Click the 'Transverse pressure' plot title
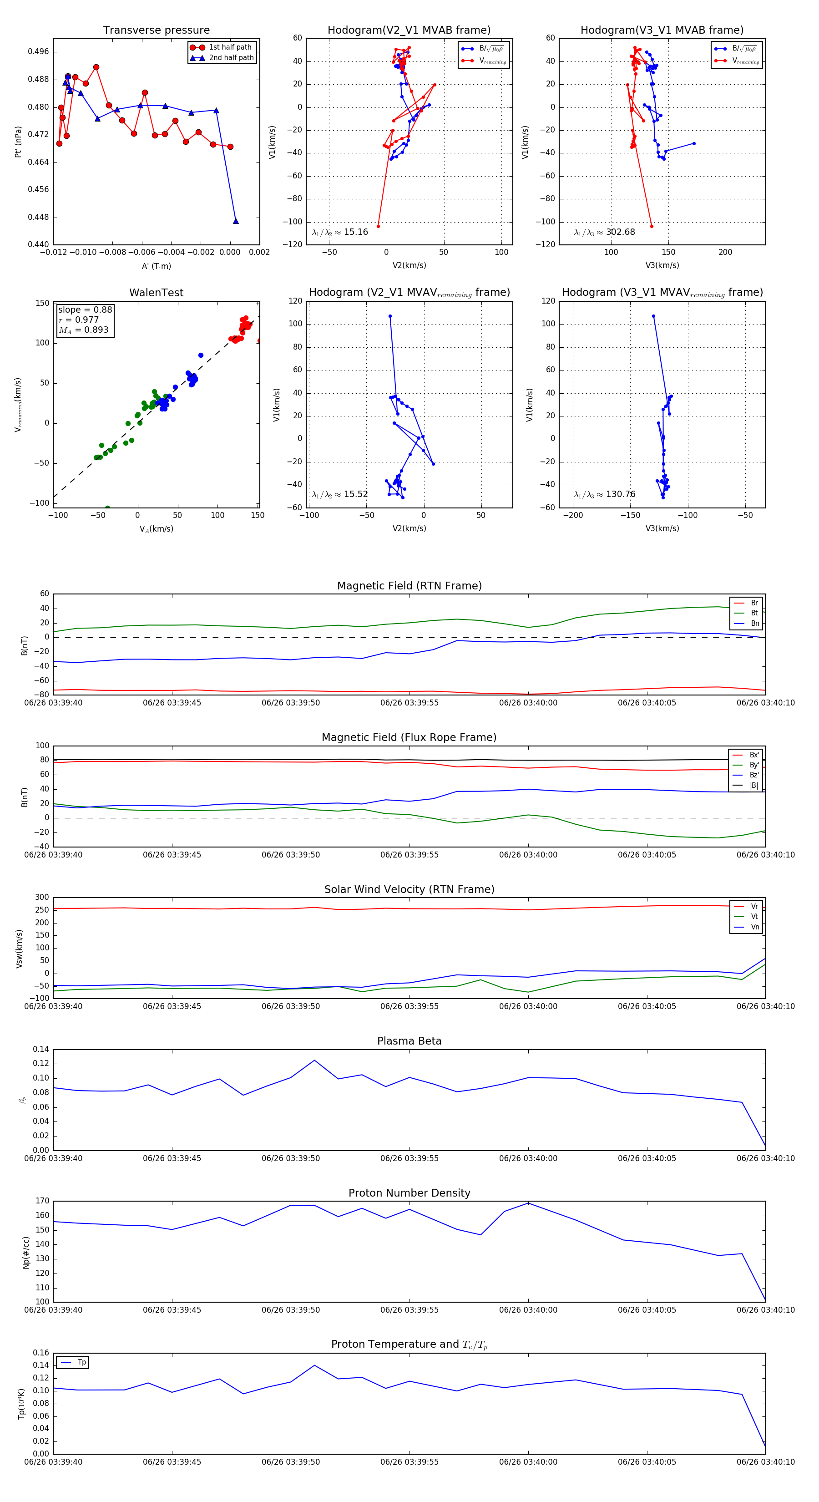pyautogui.click(x=156, y=30)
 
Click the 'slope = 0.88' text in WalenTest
pyautogui.click(x=85, y=310)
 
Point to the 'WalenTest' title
pyautogui.click(x=156, y=293)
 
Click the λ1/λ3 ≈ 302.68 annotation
pyautogui.click(x=605, y=232)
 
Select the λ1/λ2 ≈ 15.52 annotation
pyautogui.click(x=340, y=494)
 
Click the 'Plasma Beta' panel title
pyautogui.click(x=409, y=1041)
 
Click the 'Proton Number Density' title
pyautogui.click(x=409, y=1193)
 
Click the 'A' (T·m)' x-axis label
pyautogui.click(x=156, y=266)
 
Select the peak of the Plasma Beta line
pyautogui.click(x=315, y=1060)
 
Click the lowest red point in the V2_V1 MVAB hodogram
pyautogui.click(x=378, y=226)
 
